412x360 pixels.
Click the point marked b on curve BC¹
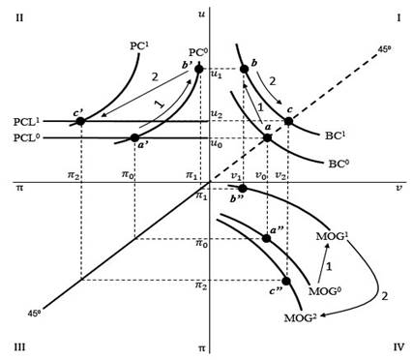click(244, 69)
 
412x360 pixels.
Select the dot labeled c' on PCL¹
click(80, 121)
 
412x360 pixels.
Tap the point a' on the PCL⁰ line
click(134, 137)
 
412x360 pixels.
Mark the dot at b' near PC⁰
click(199, 69)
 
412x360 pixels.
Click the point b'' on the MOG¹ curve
click(243, 189)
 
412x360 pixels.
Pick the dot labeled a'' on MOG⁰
click(266, 238)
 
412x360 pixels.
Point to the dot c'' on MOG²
click(286, 281)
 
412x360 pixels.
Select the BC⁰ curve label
click(338, 164)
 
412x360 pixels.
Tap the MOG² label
click(300, 318)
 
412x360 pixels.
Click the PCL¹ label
click(26, 122)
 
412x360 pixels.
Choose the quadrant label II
click(19, 17)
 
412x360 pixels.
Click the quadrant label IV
click(398, 347)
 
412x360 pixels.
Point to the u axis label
click(201, 15)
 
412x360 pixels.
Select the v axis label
click(399, 188)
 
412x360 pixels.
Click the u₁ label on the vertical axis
click(216, 75)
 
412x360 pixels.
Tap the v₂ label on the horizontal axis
click(280, 175)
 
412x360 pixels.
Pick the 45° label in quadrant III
click(34, 313)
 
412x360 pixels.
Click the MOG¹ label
click(333, 236)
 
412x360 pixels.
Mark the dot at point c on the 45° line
click(288, 121)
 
